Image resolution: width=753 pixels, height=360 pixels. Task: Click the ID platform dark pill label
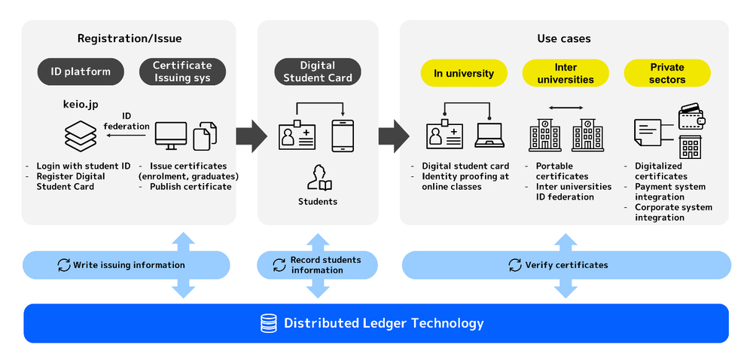tap(81, 72)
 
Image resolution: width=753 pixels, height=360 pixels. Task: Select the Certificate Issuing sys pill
tap(182, 72)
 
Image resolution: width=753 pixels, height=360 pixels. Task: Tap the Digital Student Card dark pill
tap(317, 72)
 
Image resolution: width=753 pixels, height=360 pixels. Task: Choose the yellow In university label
tap(464, 73)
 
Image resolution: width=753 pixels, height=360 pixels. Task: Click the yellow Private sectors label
tap(667, 73)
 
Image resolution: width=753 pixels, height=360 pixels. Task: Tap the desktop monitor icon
tap(171, 136)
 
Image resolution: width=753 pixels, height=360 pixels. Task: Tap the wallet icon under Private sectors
tap(691, 117)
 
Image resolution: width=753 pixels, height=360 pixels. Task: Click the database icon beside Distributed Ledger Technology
tap(268, 323)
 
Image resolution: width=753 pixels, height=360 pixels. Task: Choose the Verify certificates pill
tap(566, 265)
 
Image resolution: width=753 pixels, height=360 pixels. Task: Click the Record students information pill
tap(317, 265)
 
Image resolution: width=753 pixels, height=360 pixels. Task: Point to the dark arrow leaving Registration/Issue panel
tap(251, 136)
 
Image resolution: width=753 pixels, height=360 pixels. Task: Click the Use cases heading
tap(564, 38)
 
